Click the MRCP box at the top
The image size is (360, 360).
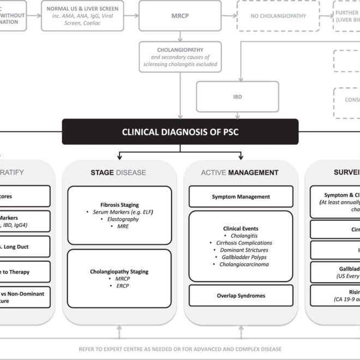(180, 16)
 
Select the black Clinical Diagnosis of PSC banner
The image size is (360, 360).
(180, 131)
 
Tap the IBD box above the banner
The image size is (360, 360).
(237, 97)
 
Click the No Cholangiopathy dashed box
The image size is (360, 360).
(278, 16)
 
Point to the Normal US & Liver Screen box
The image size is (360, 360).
(82, 16)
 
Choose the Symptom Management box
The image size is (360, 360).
(241, 196)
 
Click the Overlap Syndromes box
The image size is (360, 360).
(241, 296)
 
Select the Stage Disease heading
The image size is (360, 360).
(118, 172)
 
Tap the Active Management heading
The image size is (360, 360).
(240, 172)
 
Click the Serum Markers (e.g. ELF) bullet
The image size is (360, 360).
(121, 212)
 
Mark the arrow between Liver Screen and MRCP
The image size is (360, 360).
(131, 16)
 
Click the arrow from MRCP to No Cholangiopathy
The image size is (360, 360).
(229, 16)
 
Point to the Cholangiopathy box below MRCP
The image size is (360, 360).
(180, 57)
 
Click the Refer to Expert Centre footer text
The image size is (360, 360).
(179, 349)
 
